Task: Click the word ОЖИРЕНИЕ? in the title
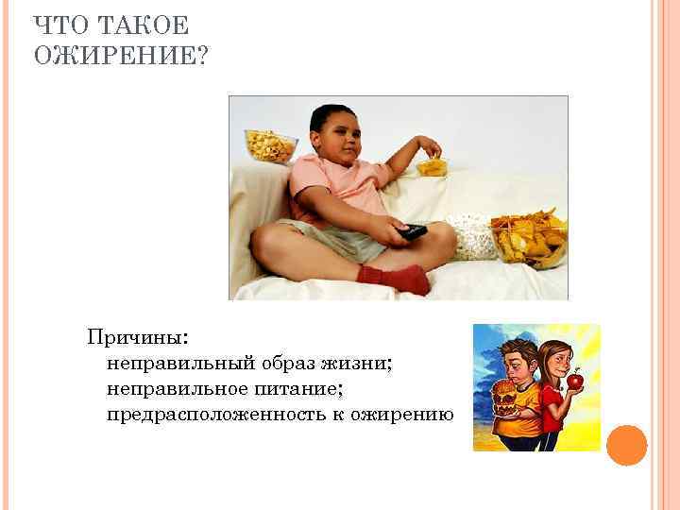tap(122, 57)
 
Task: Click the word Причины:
tap(137, 336)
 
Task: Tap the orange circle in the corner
tap(626, 445)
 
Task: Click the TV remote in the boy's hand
tap(411, 230)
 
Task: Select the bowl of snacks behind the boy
tap(269, 144)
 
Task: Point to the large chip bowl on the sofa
tap(528, 239)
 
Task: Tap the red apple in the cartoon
tap(573, 381)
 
